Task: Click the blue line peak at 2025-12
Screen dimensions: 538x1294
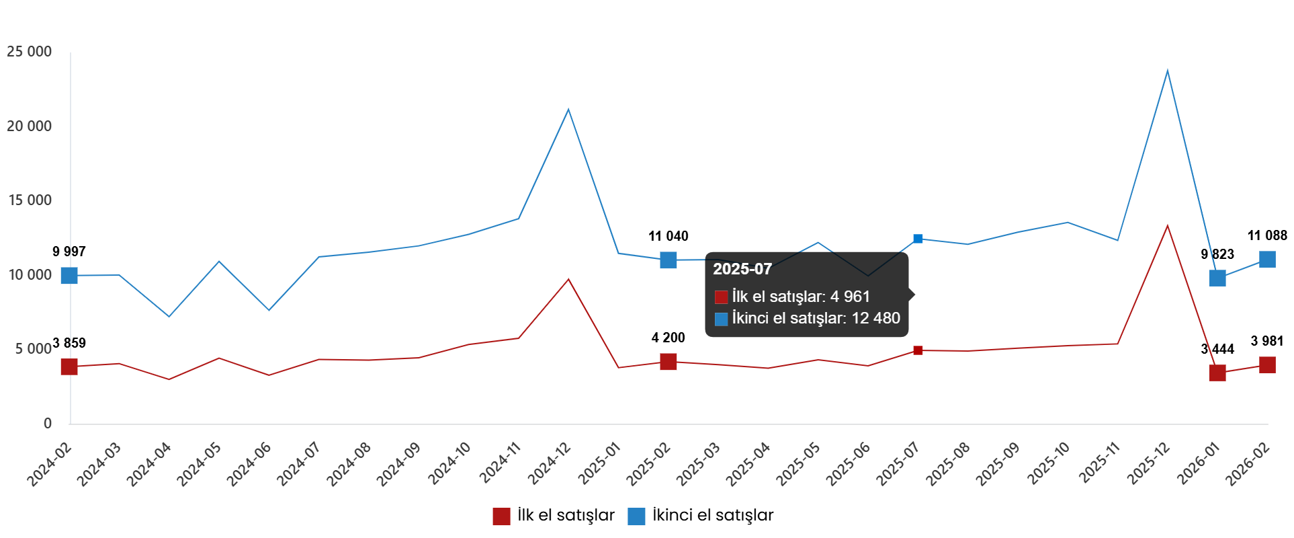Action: click(x=1167, y=70)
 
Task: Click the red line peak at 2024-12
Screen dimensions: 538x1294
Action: click(x=568, y=279)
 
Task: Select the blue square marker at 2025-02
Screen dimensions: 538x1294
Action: click(x=668, y=260)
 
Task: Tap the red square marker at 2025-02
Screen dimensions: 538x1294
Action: click(x=668, y=362)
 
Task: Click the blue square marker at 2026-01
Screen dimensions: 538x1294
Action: click(x=1217, y=278)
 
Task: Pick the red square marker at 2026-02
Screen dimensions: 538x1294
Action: click(x=1266, y=365)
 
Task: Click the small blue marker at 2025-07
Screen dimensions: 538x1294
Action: click(x=917, y=239)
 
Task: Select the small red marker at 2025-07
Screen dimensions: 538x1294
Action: click(x=917, y=350)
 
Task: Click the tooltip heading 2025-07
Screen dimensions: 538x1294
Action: click(x=742, y=269)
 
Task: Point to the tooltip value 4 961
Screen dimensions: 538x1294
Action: click(x=850, y=297)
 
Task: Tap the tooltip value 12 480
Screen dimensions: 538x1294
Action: click(x=875, y=318)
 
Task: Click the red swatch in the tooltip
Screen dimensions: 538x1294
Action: click(x=721, y=297)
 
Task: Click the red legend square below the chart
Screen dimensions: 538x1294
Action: click(x=501, y=516)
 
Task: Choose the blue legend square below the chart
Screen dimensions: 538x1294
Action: click(x=636, y=516)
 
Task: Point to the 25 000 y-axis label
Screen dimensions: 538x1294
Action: click(x=29, y=52)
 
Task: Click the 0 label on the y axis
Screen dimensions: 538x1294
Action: click(x=47, y=423)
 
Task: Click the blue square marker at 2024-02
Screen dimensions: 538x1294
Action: click(x=69, y=275)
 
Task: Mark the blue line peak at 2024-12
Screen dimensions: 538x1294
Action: click(x=568, y=109)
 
